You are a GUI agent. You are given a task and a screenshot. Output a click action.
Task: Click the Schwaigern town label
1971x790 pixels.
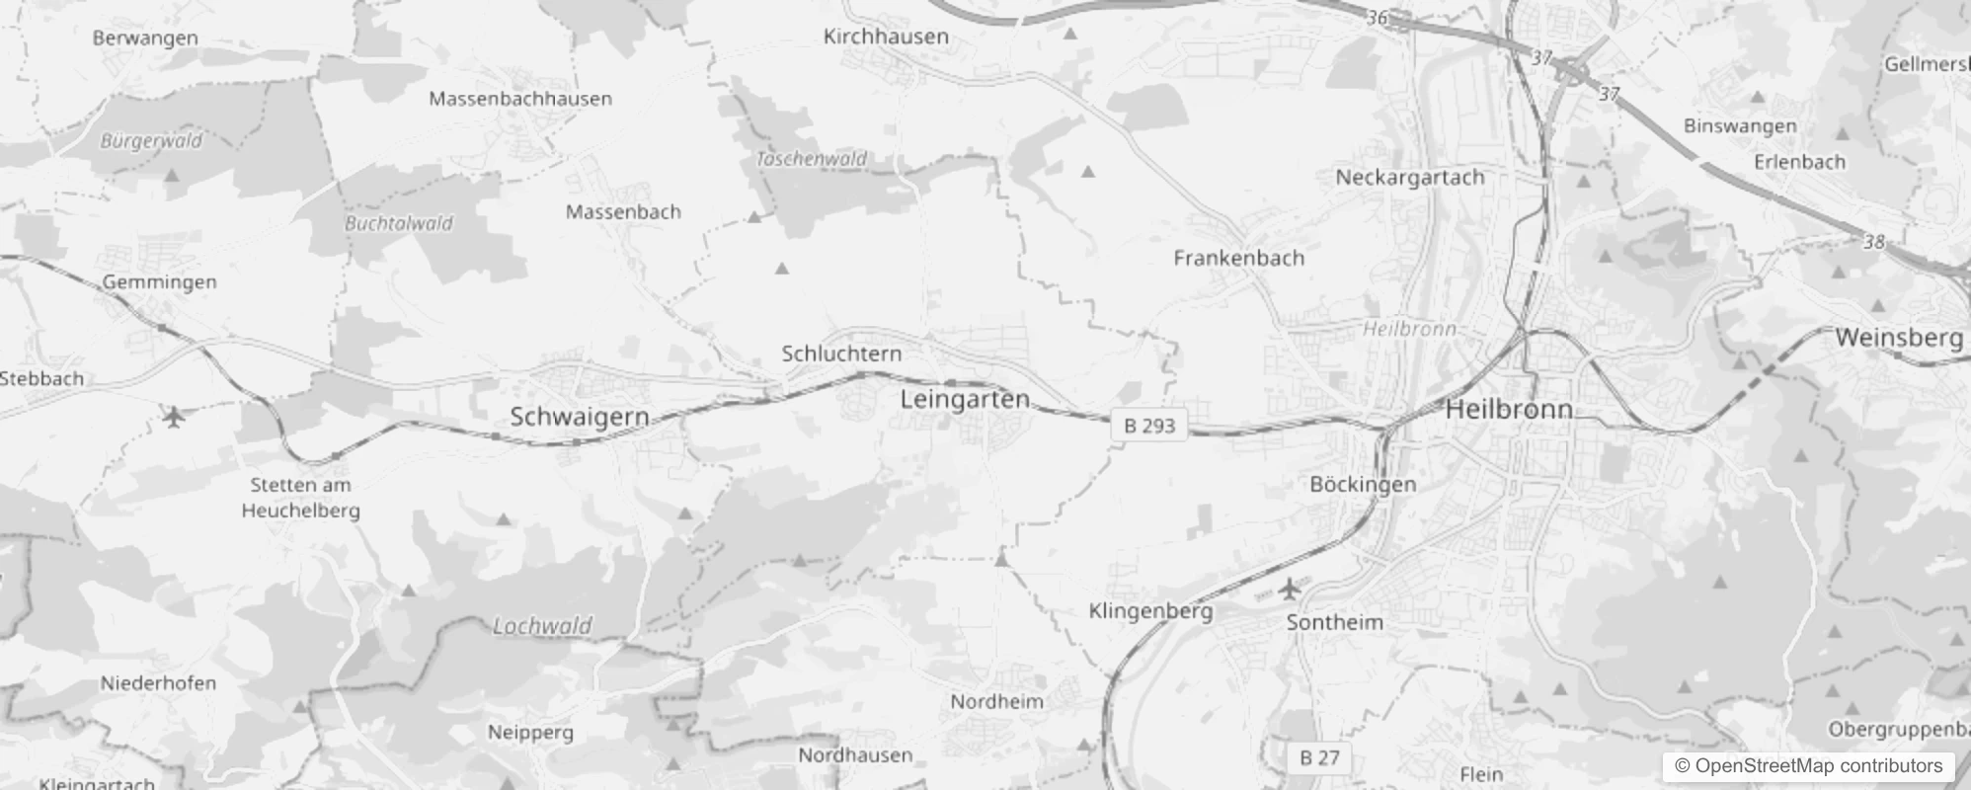coord(580,417)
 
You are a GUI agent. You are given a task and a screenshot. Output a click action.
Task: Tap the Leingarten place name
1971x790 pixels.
coord(965,400)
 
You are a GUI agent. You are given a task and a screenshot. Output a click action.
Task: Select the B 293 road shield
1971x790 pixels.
coord(1149,426)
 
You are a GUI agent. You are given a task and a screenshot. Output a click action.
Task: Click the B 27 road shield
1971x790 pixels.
coord(1319,757)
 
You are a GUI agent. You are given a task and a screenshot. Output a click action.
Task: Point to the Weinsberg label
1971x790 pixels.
coord(1899,338)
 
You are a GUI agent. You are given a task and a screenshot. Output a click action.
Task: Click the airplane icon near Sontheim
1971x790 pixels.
coord(1289,591)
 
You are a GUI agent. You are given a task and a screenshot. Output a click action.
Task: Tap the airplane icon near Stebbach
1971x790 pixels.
coord(175,417)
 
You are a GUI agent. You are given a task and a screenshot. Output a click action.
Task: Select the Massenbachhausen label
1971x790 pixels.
coord(520,99)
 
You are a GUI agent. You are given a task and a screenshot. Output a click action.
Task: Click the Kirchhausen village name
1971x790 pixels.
coord(886,37)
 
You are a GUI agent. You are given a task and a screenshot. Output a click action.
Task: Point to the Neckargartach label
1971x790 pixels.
coord(1409,178)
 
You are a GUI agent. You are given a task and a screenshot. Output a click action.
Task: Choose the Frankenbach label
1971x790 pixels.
coord(1238,259)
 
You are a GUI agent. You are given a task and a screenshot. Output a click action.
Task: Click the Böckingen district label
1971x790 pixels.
coord(1363,484)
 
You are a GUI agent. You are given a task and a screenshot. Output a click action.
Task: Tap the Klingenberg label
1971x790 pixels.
coord(1150,611)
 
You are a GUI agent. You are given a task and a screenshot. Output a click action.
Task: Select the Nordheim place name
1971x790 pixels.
coord(996,702)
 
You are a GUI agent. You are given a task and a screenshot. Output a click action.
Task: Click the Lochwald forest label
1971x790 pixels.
coord(542,626)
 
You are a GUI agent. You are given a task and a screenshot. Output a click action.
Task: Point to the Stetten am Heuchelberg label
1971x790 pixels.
coord(300,498)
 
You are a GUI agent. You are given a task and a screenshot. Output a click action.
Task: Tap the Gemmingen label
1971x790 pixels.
coord(159,282)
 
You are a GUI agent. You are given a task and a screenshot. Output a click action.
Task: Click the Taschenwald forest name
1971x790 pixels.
coord(812,159)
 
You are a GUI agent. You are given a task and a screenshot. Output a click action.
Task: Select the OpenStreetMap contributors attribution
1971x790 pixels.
coord(1807,766)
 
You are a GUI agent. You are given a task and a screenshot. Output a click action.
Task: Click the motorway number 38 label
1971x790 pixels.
coord(1873,242)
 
